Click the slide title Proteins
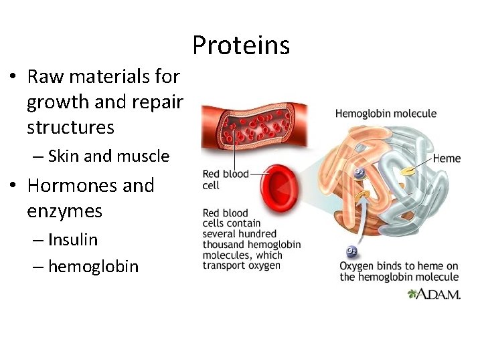click(241, 45)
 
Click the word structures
click(70, 127)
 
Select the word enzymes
click(64, 211)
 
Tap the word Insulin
click(73, 239)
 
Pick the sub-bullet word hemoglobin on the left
click(93, 267)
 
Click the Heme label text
click(447, 158)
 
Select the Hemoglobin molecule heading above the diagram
click(386, 114)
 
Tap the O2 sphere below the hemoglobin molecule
click(351, 252)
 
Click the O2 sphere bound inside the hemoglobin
click(359, 172)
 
